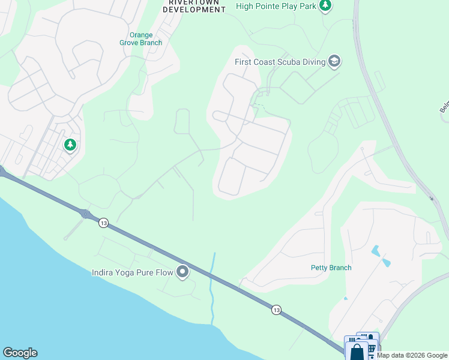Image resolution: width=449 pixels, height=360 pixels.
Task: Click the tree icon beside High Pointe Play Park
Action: (325, 5)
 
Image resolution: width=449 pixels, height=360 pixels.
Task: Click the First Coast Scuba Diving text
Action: (279, 61)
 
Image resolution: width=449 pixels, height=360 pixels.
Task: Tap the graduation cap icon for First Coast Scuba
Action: (334, 61)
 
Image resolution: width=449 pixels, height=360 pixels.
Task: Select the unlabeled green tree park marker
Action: (70, 145)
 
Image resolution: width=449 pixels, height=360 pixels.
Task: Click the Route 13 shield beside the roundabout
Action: (104, 223)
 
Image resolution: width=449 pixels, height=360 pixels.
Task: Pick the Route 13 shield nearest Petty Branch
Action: (276, 310)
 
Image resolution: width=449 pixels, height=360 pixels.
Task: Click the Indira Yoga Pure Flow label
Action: (132, 273)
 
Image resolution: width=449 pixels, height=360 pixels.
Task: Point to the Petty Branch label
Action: (331, 268)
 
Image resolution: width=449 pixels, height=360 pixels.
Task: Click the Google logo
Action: (20, 353)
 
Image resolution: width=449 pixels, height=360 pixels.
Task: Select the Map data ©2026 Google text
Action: (412, 355)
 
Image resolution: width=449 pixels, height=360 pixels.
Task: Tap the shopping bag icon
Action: (357, 351)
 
